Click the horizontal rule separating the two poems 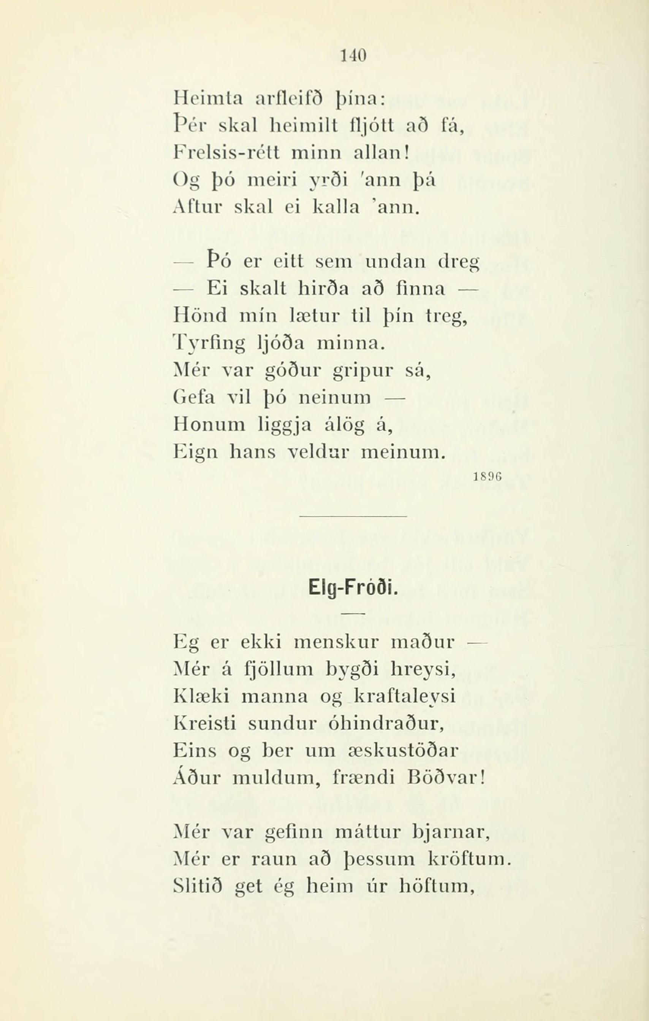pos(353,516)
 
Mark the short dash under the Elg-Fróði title pos(353,613)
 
